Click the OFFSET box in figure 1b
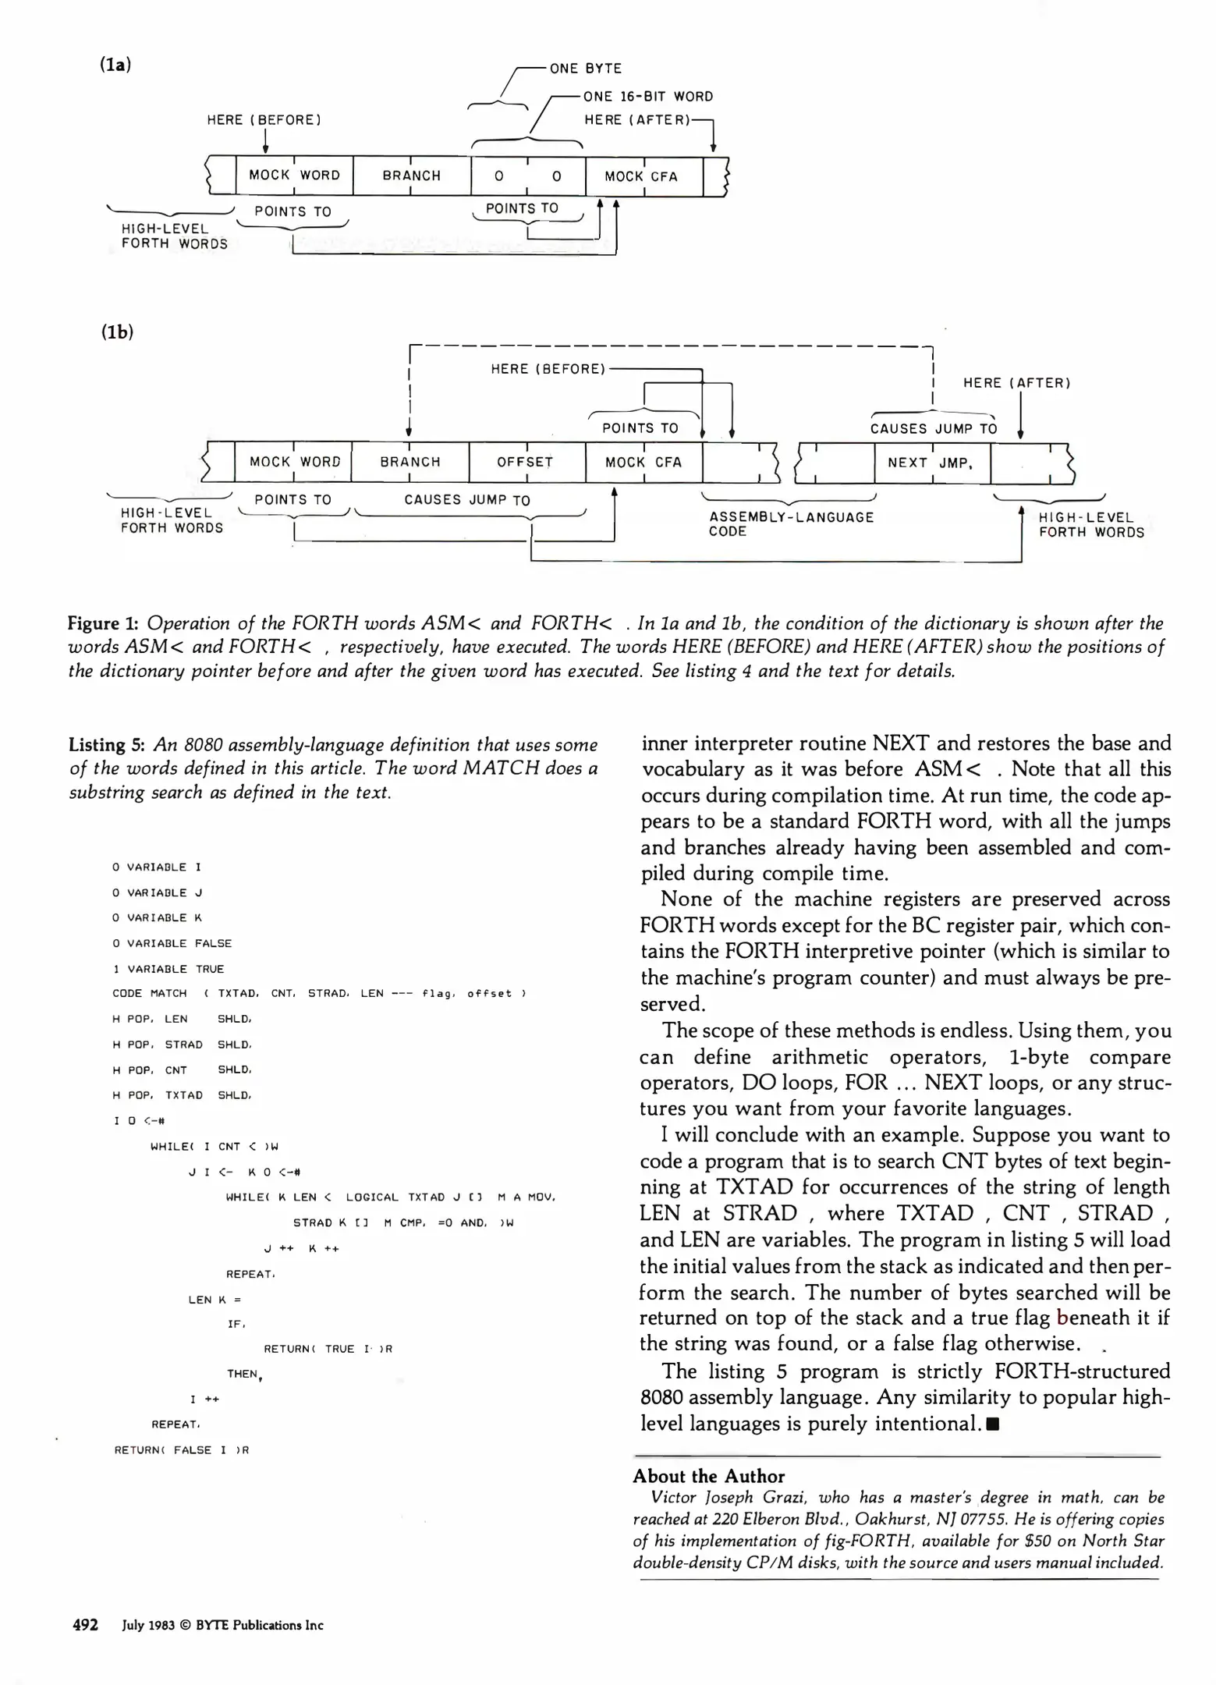pos(526,462)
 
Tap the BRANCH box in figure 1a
pos(411,176)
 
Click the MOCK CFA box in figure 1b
pos(643,462)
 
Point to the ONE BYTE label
pos(586,69)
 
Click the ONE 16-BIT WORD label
pos(648,97)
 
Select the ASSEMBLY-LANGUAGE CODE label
pos(790,524)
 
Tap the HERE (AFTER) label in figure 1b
pos(1016,383)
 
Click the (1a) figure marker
pos(115,65)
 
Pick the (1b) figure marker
pos(116,332)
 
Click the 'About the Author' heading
pos(708,1476)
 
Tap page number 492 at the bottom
pos(85,1625)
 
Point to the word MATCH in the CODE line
pos(168,993)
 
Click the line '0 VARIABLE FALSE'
pos(172,943)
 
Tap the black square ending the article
pos(992,1424)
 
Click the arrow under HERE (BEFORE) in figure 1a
pos(265,142)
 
